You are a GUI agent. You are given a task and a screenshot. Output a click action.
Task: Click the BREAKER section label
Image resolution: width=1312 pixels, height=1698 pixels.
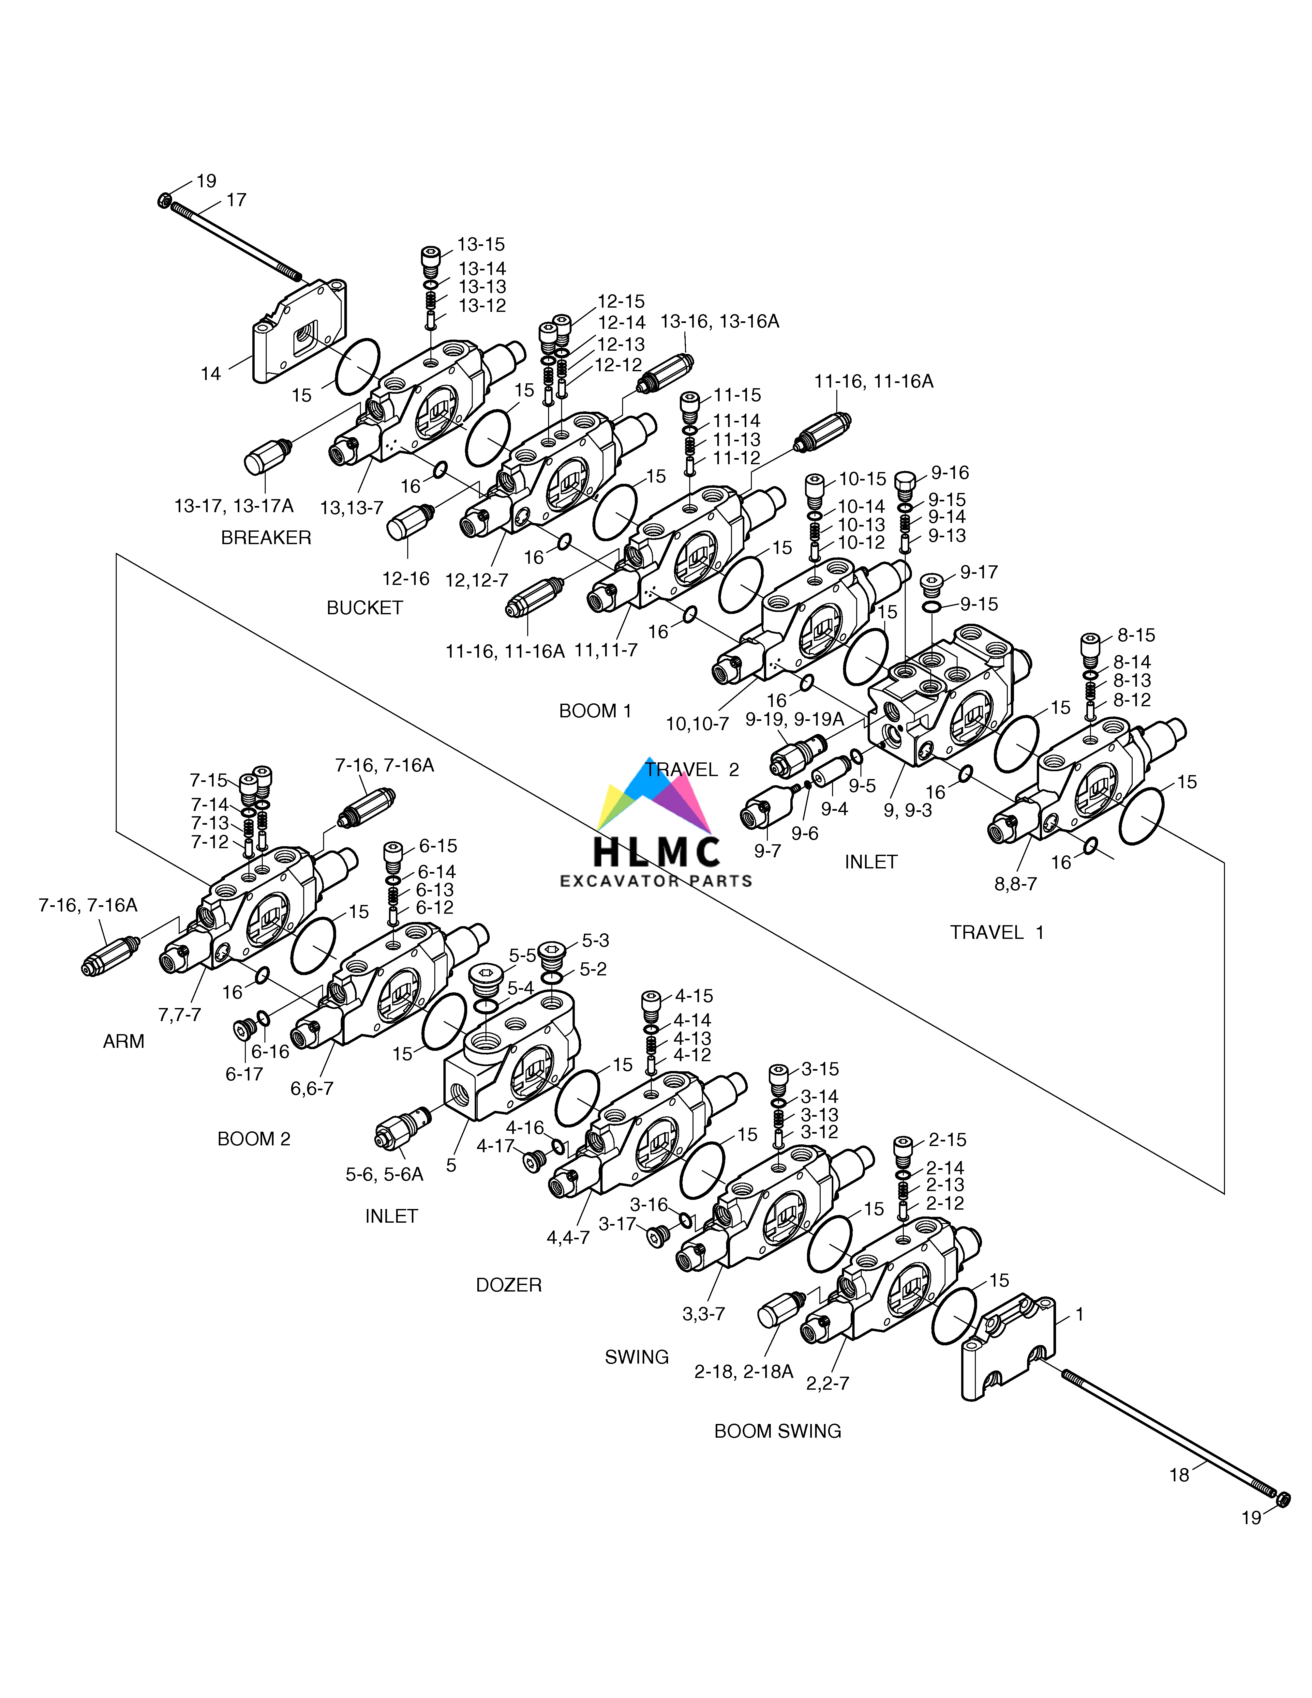pyautogui.click(x=266, y=537)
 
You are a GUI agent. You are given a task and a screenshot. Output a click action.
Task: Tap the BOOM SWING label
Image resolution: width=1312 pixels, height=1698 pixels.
pyautogui.click(x=777, y=1430)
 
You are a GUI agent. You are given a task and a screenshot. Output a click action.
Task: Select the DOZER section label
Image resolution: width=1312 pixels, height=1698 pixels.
pyautogui.click(x=508, y=1284)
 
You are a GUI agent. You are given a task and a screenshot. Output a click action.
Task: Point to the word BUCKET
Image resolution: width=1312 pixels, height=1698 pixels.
pyautogui.click(x=365, y=607)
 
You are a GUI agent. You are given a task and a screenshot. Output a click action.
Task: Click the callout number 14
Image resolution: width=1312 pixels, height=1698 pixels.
pyautogui.click(x=211, y=374)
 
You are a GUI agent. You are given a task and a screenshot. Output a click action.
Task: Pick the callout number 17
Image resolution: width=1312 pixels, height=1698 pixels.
pyautogui.click(x=236, y=200)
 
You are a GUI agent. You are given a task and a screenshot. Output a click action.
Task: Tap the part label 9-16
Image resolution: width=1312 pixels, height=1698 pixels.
pyautogui.click(x=950, y=473)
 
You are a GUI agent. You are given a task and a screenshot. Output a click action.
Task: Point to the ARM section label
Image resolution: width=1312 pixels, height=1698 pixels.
pyautogui.click(x=124, y=1041)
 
